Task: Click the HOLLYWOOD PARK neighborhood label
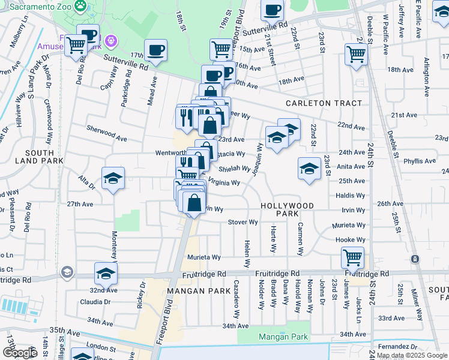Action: pyautogui.click(x=287, y=209)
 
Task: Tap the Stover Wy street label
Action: pyautogui.click(x=243, y=222)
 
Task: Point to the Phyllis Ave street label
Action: pyautogui.click(x=420, y=161)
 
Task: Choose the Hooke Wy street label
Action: pyautogui.click(x=350, y=239)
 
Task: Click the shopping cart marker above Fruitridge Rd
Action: pyautogui.click(x=352, y=258)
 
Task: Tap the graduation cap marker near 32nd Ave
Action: pyautogui.click(x=106, y=273)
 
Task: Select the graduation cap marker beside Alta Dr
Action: pyautogui.click(x=113, y=179)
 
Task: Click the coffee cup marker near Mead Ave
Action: pyautogui.click(x=155, y=50)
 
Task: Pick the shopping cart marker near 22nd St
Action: pyautogui.click(x=356, y=54)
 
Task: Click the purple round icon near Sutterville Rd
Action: pyautogui.click(x=110, y=41)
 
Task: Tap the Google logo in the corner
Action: pyautogui.click(x=20, y=353)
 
